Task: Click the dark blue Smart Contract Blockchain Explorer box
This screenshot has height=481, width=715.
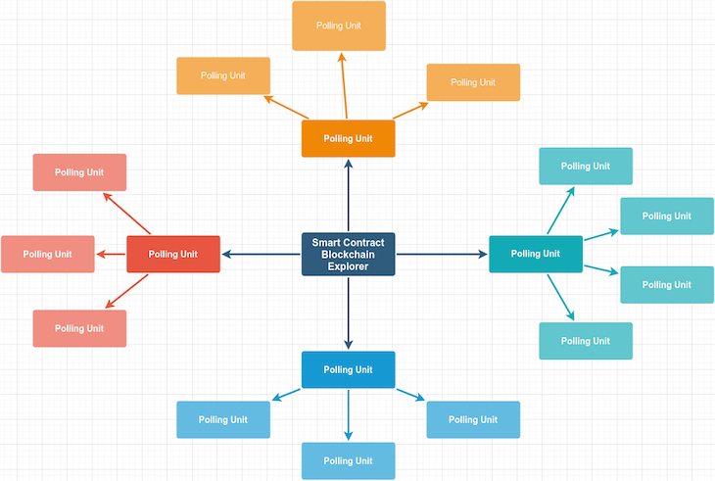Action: pos(348,254)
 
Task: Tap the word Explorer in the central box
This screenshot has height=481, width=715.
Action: pos(348,265)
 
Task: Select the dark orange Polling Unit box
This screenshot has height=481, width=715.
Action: pos(348,138)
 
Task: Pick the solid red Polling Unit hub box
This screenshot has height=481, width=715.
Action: pos(173,254)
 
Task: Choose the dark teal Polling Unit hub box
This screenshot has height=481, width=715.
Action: pos(536,254)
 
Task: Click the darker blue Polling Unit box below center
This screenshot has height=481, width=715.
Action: pos(348,369)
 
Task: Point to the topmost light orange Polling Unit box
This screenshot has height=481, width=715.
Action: pos(339,25)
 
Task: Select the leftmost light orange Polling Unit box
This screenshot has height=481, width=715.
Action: pos(222,75)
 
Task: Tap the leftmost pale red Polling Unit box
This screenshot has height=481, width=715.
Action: pos(48,254)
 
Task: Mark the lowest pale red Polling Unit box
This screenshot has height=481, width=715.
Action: pos(79,328)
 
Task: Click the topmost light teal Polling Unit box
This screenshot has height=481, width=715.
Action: pos(586,166)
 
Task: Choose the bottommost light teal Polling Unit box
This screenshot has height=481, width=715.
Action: pos(586,340)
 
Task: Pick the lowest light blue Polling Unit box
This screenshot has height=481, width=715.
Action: pos(348,460)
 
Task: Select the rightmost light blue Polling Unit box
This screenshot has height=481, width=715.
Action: pos(473,419)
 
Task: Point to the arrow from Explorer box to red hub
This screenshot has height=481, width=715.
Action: pos(262,255)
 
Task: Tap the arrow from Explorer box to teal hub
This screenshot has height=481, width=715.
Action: pos(442,255)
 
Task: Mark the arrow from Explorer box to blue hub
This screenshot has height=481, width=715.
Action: pos(348,313)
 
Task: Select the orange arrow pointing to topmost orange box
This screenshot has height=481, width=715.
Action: pos(344,86)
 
